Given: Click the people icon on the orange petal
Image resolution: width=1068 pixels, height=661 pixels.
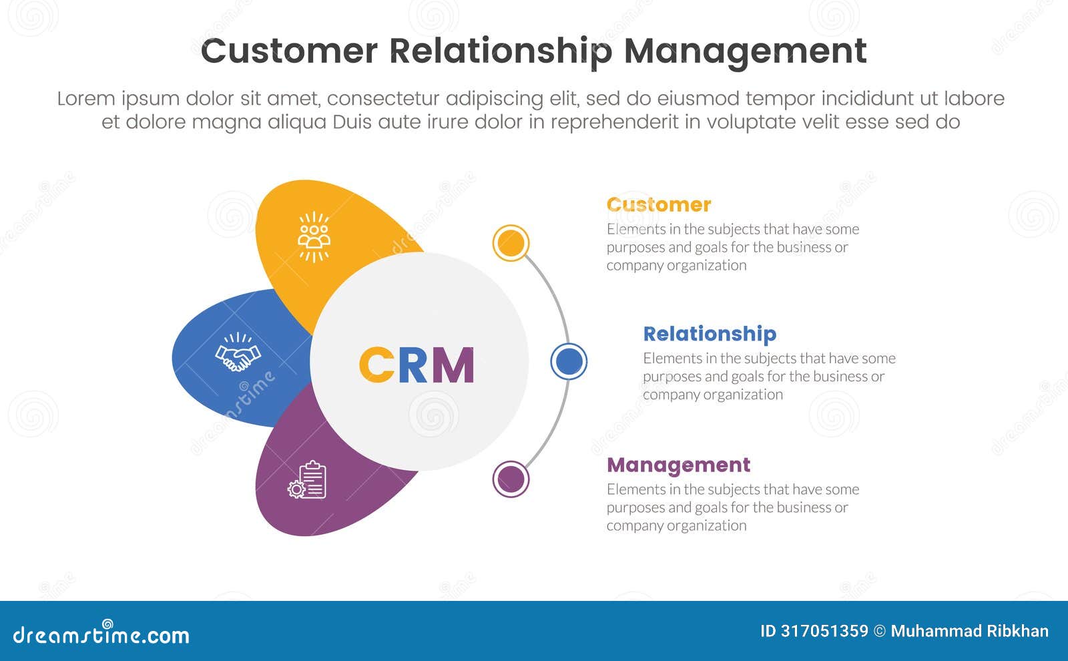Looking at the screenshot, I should tap(314, 236).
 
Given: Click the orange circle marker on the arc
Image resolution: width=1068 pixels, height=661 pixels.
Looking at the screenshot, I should tap(511, 243).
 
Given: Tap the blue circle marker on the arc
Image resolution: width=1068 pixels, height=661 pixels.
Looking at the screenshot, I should tap(569, 361).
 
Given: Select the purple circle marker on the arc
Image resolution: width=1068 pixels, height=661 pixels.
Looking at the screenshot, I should tap(511, 479).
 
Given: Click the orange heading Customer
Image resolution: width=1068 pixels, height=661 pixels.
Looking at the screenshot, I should tap(659, 204).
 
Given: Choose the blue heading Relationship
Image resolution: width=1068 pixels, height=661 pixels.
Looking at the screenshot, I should tap(710, 333).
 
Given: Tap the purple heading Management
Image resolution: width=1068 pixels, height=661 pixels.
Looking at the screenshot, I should tap(678, 464).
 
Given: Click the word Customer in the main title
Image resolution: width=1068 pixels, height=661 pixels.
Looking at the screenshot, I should tap(289, 51).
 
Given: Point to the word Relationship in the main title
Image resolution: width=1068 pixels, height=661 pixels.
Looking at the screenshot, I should tap(501, 51).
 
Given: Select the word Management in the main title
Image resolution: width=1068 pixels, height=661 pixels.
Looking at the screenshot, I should tap(745, 51).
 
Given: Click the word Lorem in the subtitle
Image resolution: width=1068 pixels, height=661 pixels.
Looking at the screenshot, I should tap(86, 99).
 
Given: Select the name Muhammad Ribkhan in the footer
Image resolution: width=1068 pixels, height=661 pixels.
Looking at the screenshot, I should tap(969, 631).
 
